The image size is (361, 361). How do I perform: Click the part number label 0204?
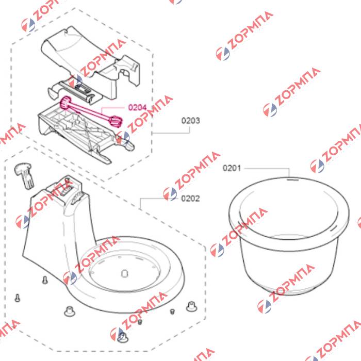tap(137, 107)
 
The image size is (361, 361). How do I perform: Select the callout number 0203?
tap(191, 121)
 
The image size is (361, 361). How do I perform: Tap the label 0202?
tap(190, 199)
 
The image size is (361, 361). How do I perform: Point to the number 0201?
tap(232, 168)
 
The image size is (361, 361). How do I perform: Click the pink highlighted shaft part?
tap(91, 112)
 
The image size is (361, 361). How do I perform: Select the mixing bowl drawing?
tap(289, 236)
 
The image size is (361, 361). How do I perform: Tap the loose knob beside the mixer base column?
tap(24, 174)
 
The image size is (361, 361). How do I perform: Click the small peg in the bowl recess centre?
tap(124, 273)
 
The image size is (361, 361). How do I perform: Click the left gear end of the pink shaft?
tap(65, 102)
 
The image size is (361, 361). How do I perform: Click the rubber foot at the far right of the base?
tap(191, 306)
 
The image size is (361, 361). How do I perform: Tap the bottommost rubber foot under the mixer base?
tap(123, 337)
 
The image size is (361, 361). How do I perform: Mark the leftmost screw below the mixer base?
tap(17, 298)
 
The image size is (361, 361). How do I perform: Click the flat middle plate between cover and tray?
tap(75, 91)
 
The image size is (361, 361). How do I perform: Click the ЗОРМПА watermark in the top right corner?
tap(245, 36)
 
